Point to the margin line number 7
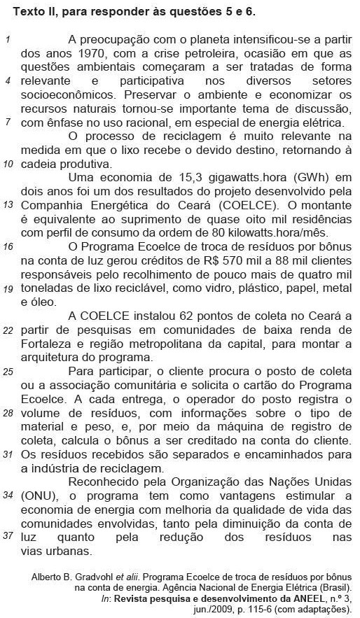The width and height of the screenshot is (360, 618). [6, 122]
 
